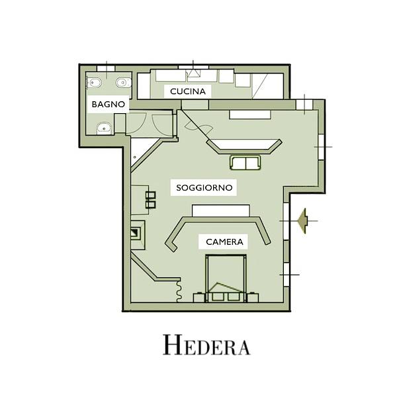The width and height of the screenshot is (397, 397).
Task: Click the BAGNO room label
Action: [x=109, y=104]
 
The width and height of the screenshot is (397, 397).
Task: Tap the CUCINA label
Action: [x=188, y=91]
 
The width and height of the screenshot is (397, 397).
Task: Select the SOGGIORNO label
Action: [x=204, y=188]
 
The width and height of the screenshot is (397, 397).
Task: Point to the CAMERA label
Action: [x=224, y=242]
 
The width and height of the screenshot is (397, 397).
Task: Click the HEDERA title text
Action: [x=206, y=345]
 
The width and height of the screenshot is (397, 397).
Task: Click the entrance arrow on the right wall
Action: [x=303, y=221]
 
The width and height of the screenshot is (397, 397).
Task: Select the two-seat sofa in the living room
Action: [x=245, y=163]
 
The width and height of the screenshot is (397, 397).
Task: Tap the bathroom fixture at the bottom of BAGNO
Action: [x=105, y=128]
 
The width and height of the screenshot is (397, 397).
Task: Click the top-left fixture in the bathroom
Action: [x=94, y=83]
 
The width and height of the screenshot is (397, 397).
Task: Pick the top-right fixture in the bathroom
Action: [x=124, y=83]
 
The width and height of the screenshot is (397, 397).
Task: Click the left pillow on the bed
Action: [x=218, y=296]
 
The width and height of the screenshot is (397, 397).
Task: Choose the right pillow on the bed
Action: [x=234, y=296]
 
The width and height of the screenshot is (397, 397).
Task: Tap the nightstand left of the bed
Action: [x=199, y=298]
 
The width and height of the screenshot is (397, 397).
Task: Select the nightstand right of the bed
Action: [x=253, y=298]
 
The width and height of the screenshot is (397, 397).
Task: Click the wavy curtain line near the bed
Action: [x=179, y=290]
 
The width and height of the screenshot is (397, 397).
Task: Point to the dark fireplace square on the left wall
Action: [x=134, y=232]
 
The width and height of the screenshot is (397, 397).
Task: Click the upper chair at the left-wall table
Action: [x=150, y=195]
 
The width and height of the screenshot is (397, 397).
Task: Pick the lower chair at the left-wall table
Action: [x=150, y=204]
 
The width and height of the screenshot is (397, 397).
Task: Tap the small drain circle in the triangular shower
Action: [x=135, y=157]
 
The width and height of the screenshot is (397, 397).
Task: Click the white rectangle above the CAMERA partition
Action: [x=221, y=210]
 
